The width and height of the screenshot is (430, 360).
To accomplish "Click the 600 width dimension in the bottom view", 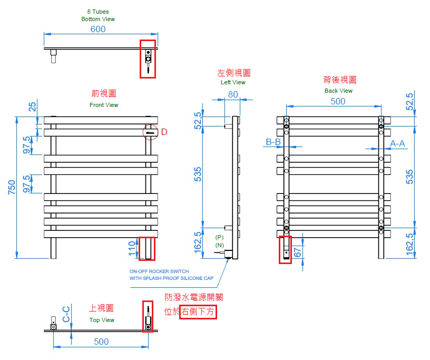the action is pyautogui.click(x=98, y=29).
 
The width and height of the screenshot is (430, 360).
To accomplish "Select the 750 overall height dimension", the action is pyautogui.click(x=12, y=188).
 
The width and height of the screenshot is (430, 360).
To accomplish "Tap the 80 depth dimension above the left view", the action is pyautogui.click(x=233, y=94).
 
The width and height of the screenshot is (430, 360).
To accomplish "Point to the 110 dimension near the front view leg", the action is pyautogui.click(x=132, y=248).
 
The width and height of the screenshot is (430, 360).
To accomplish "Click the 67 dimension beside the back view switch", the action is pyautogui.click(x=298, y=252).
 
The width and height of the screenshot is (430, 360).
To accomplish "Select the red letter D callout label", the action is pyautogui.click(x=164, y=132).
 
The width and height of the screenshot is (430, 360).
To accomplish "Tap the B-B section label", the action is pyautogui.click(x=273, y=142).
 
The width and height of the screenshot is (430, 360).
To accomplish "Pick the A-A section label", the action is pyautogui.click(x=397, y=143).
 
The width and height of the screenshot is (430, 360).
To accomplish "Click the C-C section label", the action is pyautogui.click(x=66, y=314).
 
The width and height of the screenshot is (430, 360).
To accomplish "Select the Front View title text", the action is pyautogui.click(x=104, y=105).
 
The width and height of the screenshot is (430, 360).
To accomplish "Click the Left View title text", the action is pyautogui.click(x=233, y=82).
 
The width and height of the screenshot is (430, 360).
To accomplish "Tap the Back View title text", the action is pyautogui.click(x=338, y=91).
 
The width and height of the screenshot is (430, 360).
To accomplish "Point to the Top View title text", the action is pyautogui.click(x=102, y=320).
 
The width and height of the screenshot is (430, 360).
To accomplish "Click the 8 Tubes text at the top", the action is pyautogui.click(x=98, y=12).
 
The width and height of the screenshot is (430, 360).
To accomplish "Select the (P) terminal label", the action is pyautogui.click(x=219, y=237).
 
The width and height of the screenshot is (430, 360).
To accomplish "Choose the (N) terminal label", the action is pyautogui.click(x=219, y=245).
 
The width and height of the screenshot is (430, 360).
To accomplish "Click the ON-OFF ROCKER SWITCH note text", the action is pyautogui.click(x=159, y=271).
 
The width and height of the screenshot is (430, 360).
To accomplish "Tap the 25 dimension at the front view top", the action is pyautogui.click(x=32, y=106).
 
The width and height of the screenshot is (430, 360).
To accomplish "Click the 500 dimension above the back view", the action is pyautogui.click(x=338, y=101).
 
